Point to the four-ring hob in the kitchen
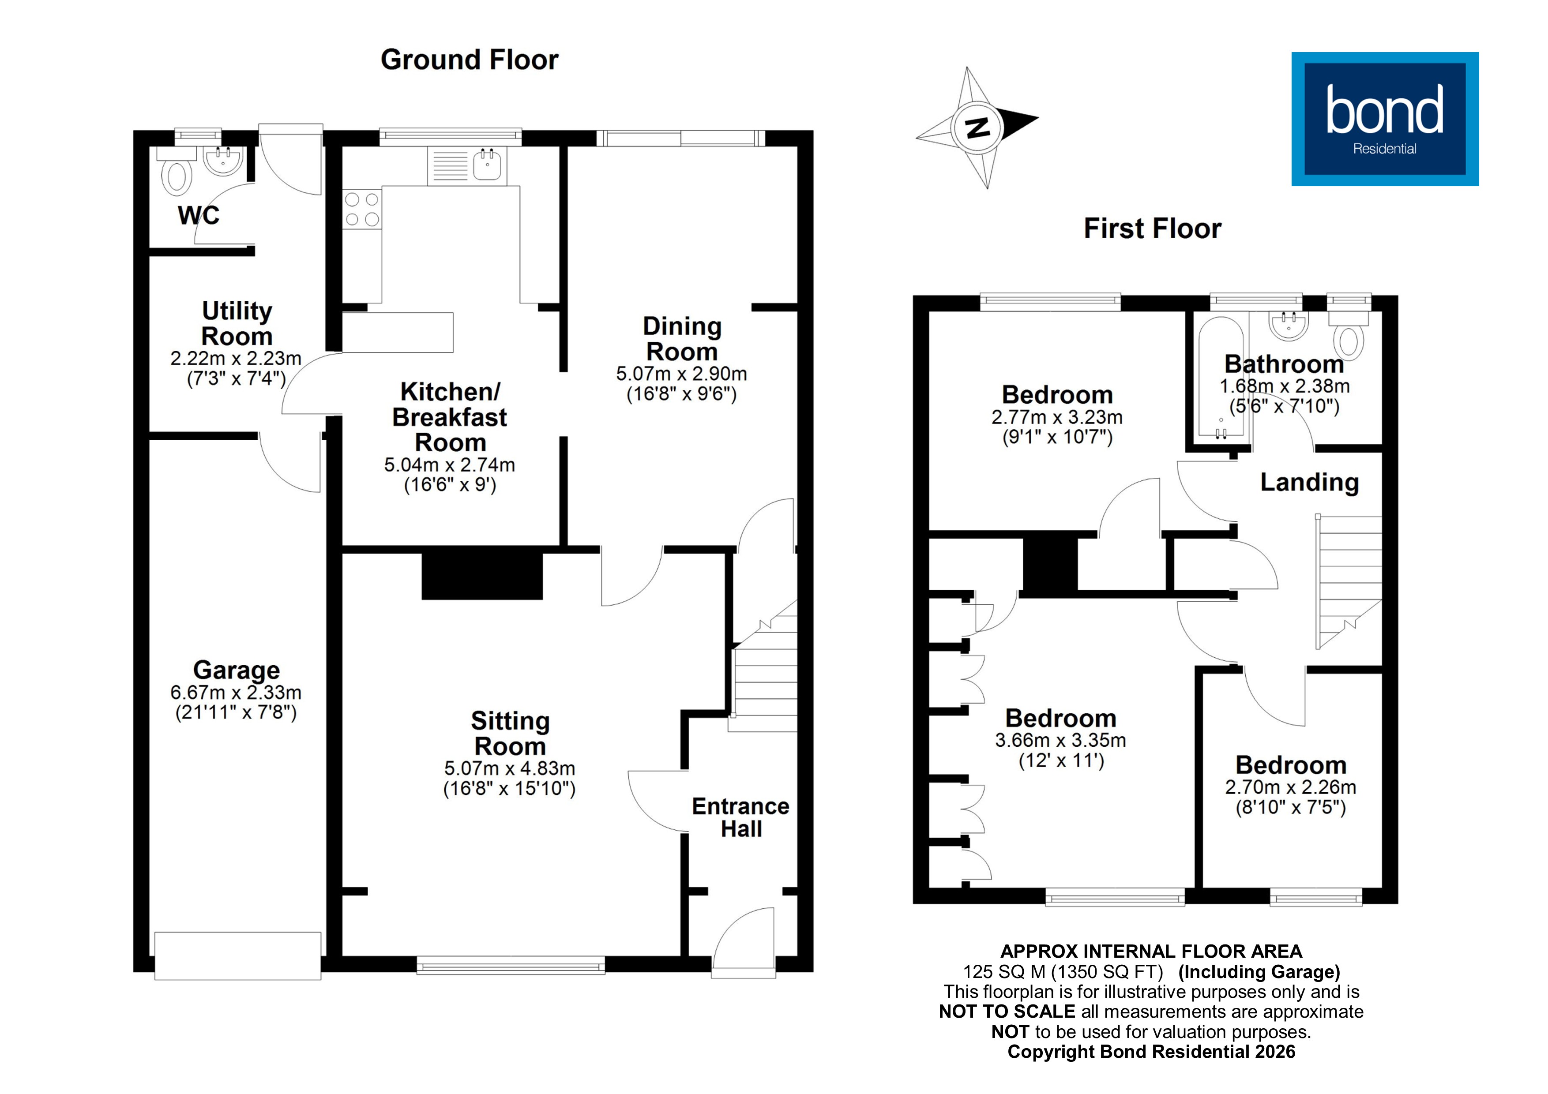coord(362,209)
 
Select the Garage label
coord(236,670)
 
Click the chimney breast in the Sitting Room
coord(482,576)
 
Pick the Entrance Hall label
coord(740,818)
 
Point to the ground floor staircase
coord(765,681)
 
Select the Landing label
coord(1309,483)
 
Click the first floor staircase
coord(1349,580)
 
